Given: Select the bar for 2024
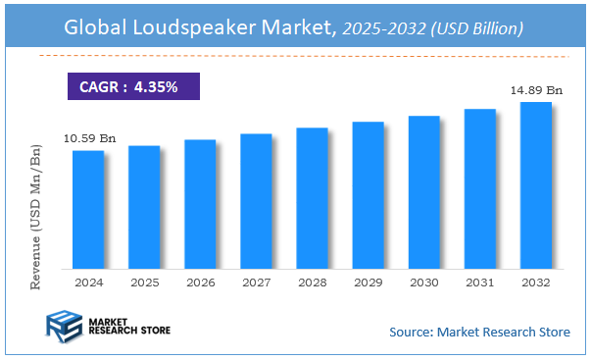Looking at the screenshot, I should click(x=88, y=209).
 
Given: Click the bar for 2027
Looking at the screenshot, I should click(x=256, y=201).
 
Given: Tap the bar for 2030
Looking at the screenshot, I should click(x=423, y=192).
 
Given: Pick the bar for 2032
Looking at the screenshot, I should click(x=535, y=185).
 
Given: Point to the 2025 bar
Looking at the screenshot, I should click(x=144, y=207).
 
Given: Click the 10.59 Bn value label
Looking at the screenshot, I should click(x=88, y=138).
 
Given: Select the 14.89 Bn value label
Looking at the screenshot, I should click(x=535, y=90).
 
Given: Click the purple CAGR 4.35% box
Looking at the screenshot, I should click(x=132, y=86).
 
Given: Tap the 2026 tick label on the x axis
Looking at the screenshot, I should click(x=200, y=282).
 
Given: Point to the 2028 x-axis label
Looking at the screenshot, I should click(x=312, y=282).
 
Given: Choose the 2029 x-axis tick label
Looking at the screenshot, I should click(x=368, y=282).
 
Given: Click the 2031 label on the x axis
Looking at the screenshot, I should click(x=479, y=282).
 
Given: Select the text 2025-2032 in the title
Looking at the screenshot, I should click(x=378, y=29).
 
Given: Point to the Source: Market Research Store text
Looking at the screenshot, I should click(x=479, y=332).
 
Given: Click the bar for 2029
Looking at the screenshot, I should click(x=368, y=195).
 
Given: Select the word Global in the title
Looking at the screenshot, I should click(x=96, y=28).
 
